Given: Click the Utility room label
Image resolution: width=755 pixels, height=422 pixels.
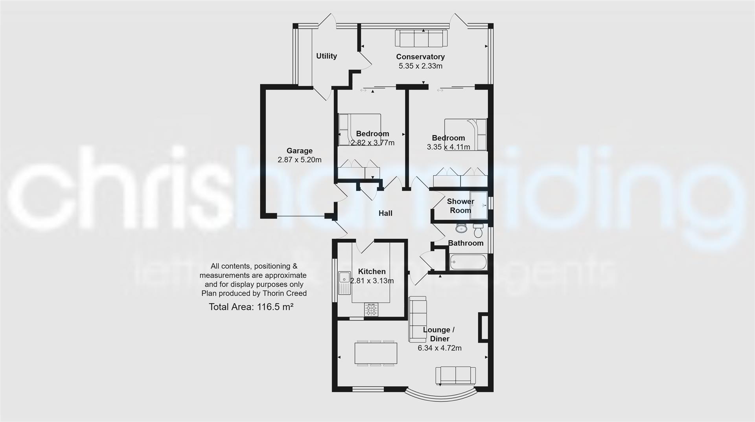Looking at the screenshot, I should [x=326, y=56].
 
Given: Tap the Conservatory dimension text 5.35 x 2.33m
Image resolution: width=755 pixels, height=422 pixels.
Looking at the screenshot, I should [x=420, y=66].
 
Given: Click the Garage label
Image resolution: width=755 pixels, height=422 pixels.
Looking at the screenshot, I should [x=299, y=150].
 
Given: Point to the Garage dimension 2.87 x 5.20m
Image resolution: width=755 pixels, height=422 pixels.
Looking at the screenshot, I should [x=299, y=160].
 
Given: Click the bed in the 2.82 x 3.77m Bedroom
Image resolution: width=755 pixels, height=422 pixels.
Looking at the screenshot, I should [x=360, y=130].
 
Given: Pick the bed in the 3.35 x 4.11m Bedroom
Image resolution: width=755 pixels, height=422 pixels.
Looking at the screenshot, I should [x=466, y=134].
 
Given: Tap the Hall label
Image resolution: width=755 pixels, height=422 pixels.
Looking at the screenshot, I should [x=385, y=213].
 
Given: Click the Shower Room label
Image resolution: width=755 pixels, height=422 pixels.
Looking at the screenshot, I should [x=460, y=206].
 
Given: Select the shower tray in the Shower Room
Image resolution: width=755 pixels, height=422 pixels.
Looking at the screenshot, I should [x=479, y=205].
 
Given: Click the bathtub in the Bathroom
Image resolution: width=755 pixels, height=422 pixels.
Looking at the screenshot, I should [x=468, y=262].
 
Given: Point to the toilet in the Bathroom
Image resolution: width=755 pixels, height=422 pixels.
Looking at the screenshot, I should [x=478, y=231].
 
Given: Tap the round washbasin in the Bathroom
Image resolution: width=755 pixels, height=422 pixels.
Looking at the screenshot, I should [x=461, y=228].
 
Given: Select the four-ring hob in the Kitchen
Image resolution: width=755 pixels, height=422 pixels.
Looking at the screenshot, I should [x=371, y=310].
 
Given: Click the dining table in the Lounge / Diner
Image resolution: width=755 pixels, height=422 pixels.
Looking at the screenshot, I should [x=376, y=353].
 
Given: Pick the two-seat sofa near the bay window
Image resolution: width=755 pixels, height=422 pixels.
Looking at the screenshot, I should [x=455, y=375].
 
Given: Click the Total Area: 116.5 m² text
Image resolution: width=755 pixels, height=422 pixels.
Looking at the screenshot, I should [x=251, y=307].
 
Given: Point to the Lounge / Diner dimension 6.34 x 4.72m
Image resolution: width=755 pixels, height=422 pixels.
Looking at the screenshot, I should [x=439, y=348].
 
